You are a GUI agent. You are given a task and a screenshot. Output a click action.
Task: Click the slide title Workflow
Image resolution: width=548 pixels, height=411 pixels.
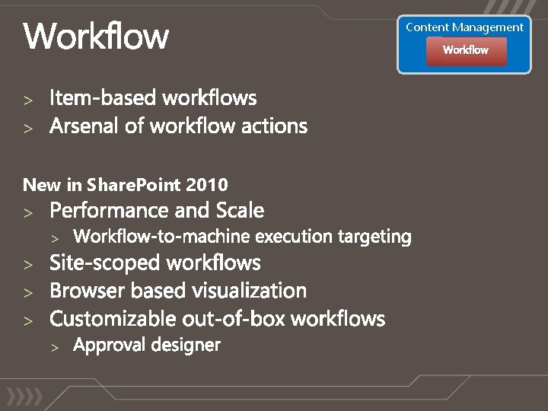coord(97,36)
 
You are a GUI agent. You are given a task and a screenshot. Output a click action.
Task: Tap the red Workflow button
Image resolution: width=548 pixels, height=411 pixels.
coord(466,50)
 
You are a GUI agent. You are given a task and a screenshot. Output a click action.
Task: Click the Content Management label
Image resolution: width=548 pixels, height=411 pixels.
coord(464,27)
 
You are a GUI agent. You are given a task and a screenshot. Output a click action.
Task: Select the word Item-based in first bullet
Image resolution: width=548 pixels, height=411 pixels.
coord(104,98)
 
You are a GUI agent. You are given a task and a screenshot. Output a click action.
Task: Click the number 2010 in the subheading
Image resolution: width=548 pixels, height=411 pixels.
coord(207,185)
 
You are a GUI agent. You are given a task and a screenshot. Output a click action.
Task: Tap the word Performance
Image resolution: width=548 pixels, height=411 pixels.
coord(111,210)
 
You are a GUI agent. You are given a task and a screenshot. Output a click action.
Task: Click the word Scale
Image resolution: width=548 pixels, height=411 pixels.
coord(240,210)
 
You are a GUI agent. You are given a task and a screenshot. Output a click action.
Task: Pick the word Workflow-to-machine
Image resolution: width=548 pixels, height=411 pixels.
coord(161,237)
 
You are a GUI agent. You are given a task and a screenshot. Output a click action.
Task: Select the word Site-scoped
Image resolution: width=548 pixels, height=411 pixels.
coord(105,263)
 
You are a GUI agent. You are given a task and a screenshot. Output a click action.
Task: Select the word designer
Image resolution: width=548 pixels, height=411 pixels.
coord(185,346)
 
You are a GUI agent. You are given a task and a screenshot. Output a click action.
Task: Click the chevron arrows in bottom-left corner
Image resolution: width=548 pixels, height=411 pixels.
coord(24,397)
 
